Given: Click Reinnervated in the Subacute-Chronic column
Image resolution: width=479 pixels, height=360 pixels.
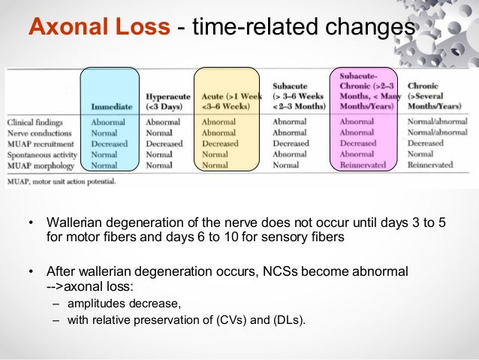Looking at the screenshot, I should point(363,165).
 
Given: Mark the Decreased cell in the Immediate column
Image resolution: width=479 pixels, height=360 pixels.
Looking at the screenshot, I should point(110,143).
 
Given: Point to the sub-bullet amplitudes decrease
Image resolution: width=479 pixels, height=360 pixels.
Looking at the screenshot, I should point(124,303).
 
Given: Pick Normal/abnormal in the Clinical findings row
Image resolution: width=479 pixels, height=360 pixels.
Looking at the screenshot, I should point(437,122).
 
